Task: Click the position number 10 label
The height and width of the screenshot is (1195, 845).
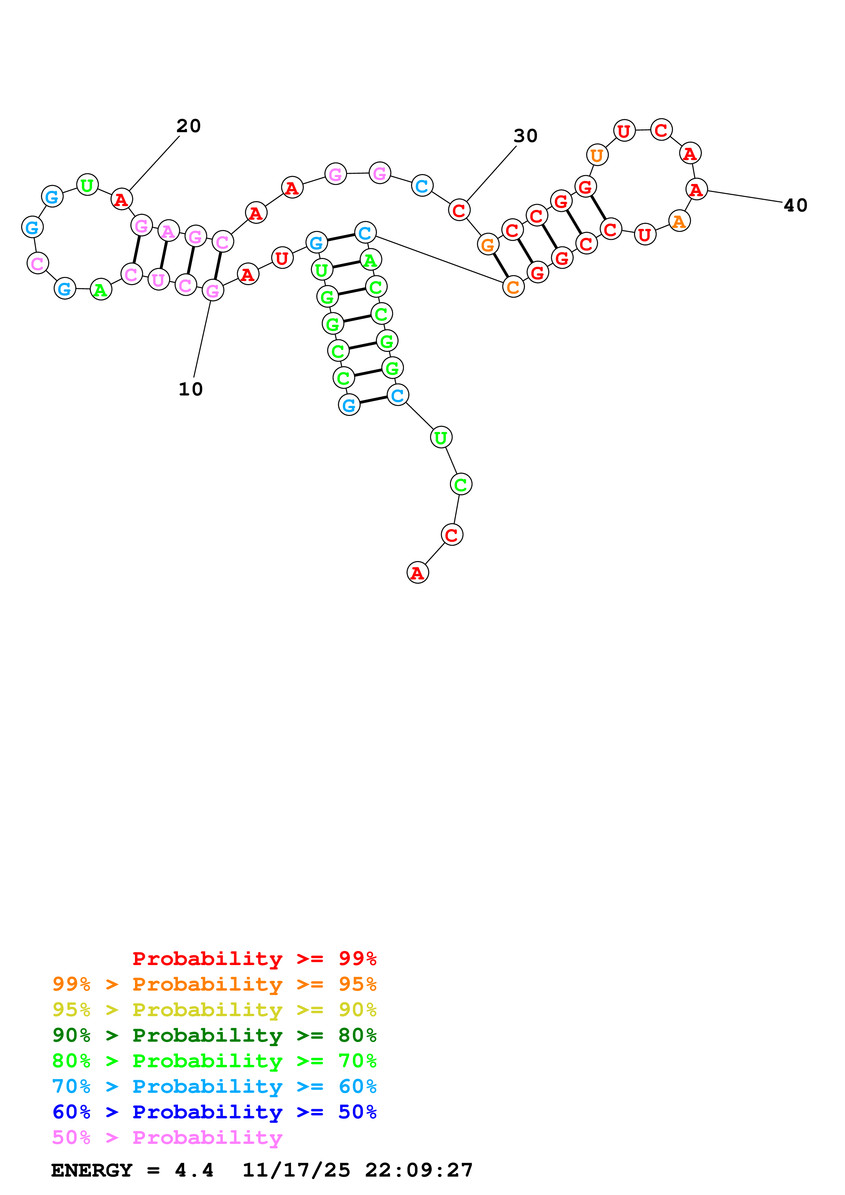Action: pos(191,389)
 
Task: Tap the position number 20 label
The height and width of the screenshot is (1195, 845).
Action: pos(188,126)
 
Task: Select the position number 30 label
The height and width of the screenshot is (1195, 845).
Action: pos(525,136)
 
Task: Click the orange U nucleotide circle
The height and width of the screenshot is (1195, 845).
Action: pos(597,155)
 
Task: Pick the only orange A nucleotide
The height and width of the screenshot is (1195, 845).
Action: pos(679,221)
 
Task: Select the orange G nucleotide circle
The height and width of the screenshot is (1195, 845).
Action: pos(488,245)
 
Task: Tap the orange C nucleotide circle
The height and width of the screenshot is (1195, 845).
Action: pos(513,287)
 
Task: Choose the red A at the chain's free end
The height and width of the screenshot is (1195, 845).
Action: pos(418,573)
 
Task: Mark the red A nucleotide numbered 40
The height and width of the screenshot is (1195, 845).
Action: pos(697,189)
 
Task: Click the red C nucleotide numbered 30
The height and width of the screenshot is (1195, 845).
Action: pos(459,210)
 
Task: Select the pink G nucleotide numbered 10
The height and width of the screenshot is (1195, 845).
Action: pos(213,291)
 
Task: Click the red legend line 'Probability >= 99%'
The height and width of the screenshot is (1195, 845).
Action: pos(254,958)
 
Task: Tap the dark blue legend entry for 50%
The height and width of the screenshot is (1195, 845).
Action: pos(214,1112)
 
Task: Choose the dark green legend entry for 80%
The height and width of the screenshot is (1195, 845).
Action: pos(214,1035)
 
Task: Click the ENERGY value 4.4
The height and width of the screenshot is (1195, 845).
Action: pos(194,1170)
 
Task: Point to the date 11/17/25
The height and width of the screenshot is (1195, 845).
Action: pos(296,1170)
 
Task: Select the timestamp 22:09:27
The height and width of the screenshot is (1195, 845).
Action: pos(419,1170)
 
